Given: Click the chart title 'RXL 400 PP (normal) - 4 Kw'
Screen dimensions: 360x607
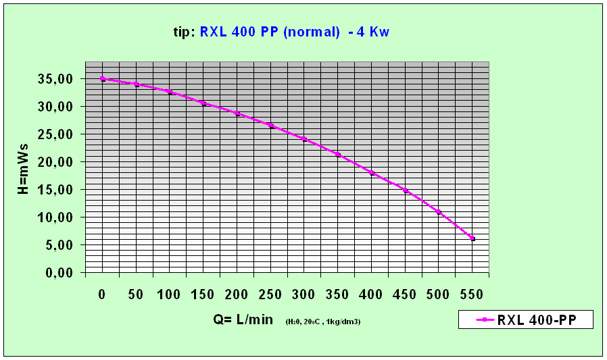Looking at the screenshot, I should click(294, 32).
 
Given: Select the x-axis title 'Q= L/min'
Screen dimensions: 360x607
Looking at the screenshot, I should click(240, 319).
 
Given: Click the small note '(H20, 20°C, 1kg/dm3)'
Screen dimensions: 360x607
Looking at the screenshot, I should click(322, 322).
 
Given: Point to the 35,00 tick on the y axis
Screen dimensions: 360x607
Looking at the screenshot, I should click(58, 79).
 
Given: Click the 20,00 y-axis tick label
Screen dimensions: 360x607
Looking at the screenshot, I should click(58, 162).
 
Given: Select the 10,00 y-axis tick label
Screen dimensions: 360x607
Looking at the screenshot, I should click(58, 217).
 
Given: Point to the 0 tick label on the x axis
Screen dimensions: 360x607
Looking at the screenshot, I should click(102, 294).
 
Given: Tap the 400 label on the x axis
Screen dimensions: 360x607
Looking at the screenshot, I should click(371, 294).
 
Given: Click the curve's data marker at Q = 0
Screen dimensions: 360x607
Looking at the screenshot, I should click(103, 79).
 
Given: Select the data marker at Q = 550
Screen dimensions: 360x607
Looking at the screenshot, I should click(472, 238).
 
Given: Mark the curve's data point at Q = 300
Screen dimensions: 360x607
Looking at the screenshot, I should click(304, 139).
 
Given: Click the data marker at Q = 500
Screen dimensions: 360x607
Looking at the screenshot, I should click(439, 212).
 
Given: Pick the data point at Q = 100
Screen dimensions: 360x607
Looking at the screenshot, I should click(170, 92).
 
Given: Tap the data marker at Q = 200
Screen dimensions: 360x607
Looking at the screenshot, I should click(237, 113).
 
